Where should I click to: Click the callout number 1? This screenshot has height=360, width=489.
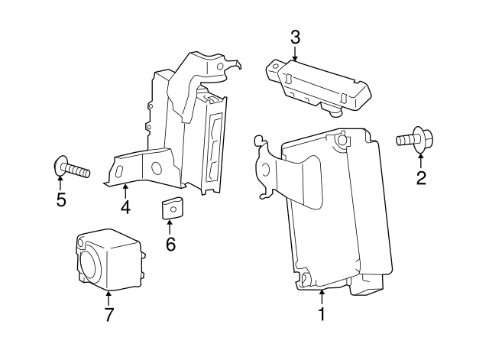pos(322,313)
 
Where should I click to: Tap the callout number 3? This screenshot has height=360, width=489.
pos(296,36)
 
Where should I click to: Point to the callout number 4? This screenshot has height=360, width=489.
pos(125,206)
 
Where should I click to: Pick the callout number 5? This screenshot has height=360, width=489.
pos(61,200)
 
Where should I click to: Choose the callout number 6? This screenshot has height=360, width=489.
pos(170,244)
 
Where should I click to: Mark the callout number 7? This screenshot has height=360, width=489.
pos(109,314)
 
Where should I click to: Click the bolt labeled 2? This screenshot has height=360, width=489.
pos(412,141)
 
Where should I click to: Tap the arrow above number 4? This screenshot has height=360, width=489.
pos(125,190)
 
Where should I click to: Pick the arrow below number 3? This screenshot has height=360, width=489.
pos(296,52)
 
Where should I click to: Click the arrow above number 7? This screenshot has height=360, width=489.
pos(109,297)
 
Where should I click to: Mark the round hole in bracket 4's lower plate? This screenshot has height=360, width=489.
pos(156,168)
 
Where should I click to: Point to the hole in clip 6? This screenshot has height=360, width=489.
pos(173,204)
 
